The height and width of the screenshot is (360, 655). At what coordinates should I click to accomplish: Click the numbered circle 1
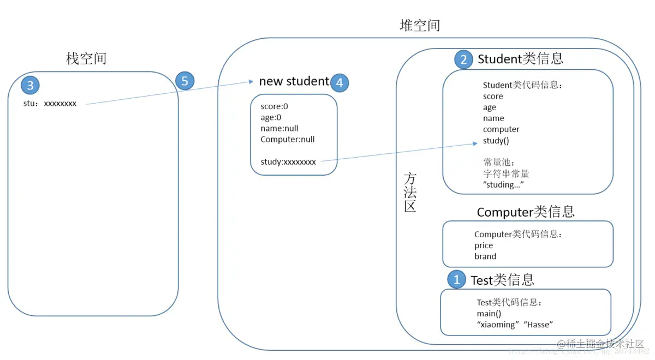point(457,279)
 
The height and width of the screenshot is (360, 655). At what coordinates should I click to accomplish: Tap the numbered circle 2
point(463,59)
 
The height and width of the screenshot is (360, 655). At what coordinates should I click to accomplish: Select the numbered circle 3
point(30,85)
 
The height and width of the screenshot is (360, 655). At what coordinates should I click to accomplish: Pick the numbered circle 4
point(340,82)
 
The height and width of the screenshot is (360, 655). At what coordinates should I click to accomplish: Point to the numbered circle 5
point(184,81)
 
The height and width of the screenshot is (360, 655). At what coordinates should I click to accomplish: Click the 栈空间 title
point(86,58)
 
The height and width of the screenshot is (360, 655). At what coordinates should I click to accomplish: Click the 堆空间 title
point(420,26)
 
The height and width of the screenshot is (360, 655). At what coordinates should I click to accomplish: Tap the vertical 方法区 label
point(410,193)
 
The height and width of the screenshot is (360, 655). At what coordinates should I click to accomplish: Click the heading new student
point(294,81)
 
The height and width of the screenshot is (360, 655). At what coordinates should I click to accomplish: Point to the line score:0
point(274,106)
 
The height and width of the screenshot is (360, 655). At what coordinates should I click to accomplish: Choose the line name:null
point(279,128)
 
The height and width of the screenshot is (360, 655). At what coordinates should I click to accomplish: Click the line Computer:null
point(288,139)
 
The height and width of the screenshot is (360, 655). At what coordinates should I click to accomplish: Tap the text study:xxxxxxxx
point(288,161)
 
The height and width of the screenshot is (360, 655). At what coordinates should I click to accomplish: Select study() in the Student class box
point(496,141)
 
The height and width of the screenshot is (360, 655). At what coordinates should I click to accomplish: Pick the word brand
point(485,256)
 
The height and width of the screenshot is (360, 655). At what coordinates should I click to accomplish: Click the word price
point(484,245)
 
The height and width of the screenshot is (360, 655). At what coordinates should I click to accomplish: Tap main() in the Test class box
point(489,314)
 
